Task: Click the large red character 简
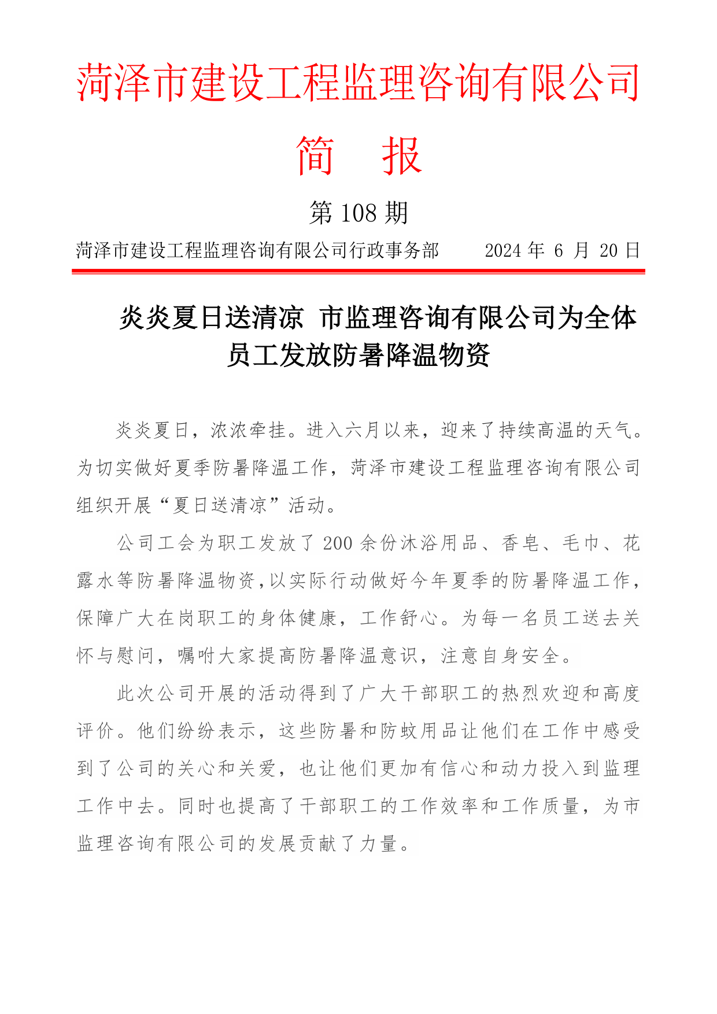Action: [315, 155]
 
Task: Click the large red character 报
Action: [402, 155]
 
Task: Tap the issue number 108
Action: [358, 213]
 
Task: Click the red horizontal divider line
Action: [358, 271]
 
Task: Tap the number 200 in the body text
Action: [338, 543]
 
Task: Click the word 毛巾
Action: [581, 543]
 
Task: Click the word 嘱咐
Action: [197, 656]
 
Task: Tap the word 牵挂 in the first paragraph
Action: [268, 431]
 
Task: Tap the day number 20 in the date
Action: [608, 250]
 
